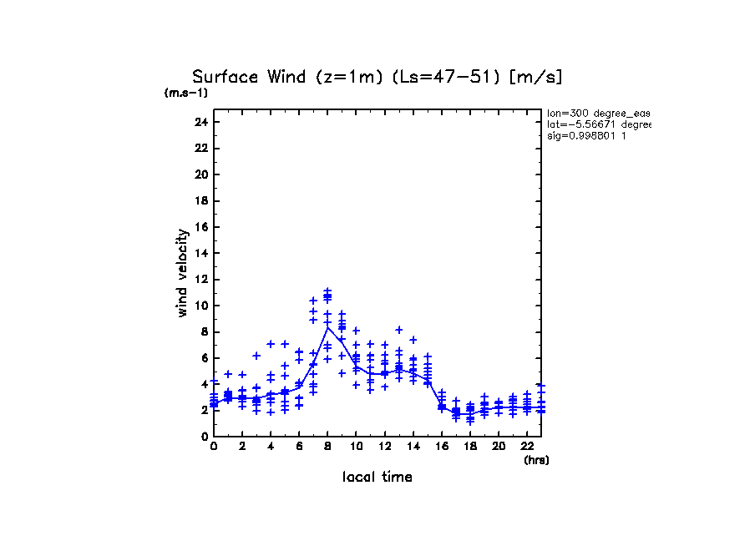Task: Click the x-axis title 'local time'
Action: tap(377, 477)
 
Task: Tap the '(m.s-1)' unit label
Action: tap(185, 93)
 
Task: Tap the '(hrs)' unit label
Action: tap(536, 459)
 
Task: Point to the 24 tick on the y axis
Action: tap(200, 123)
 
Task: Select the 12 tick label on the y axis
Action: tap(200, 280)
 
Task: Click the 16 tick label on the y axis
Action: tap(200, 227)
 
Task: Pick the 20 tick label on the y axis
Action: tap(200, 175)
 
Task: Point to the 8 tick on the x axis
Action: tap(327, 446)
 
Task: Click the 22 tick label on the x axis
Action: tap(527, 446)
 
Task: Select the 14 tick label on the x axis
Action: tap(413, 446)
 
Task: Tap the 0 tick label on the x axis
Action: tap(214, 446)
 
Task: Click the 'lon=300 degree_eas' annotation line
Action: tap(598, 113)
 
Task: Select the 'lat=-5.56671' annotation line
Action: tap(598, 124)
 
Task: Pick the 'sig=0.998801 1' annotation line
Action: tap(587, 135)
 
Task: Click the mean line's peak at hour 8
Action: tap(327, 327)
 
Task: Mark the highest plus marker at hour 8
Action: tap(327, 291)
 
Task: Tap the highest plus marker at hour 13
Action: tap(399, 330)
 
